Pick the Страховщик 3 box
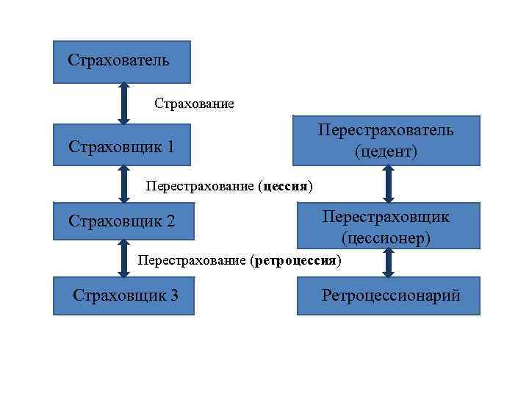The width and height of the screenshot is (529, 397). coord(123,296)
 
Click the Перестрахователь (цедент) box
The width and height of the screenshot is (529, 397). coord(386,140)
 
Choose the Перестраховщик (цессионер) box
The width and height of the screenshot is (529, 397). coord(388,226)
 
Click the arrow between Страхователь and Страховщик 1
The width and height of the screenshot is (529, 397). coord(123,103)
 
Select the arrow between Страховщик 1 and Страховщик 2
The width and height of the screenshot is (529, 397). coord(123,184)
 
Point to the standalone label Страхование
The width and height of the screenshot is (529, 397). coord(194,104)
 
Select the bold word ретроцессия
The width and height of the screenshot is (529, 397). coord(295,260)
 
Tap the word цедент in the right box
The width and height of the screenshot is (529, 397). coord(386,152)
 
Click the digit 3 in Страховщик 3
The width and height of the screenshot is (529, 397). coord(173,296)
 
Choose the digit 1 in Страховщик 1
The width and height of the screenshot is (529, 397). coord(170,146)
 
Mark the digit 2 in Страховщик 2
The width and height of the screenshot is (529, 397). coord(170,220)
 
